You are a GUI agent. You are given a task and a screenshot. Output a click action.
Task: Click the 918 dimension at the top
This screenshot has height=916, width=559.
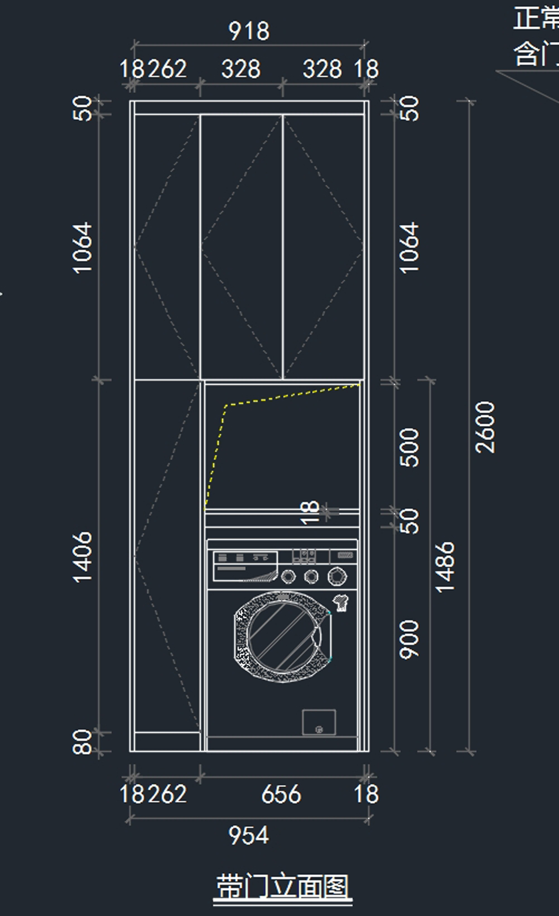(x=249, y=31)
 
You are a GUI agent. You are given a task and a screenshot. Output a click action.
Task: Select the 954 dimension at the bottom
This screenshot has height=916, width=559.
(x=249, y=835)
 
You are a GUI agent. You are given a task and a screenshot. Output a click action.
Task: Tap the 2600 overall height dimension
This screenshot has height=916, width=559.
(x=485, y=427)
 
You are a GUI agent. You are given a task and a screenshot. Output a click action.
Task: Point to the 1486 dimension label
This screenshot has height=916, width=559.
(x=445, y=567)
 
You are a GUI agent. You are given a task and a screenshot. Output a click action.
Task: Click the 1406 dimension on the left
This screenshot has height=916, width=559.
(x=83, y=557)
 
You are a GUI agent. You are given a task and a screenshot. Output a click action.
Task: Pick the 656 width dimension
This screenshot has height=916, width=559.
(x=281, y=794)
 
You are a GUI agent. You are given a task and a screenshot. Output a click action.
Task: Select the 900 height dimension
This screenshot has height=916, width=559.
(x=410, y=639)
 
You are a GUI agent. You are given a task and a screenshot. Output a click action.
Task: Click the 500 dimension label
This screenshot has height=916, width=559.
(x=410, y=447)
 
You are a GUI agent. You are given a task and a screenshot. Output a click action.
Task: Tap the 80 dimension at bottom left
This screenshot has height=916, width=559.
(x=83, y=741)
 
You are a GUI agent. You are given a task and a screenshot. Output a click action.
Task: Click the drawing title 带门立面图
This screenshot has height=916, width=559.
(x=282, y=887)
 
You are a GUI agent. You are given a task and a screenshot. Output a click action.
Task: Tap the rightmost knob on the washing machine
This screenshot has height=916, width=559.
(x=337, y=576)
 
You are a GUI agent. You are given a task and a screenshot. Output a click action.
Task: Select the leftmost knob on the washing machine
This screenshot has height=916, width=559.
(x=288, y=577)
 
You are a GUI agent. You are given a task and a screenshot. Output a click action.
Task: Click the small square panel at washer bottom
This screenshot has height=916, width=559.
(x=319, y=722)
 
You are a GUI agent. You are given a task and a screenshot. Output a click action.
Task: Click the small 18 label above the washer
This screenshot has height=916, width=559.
(x=310, y=512)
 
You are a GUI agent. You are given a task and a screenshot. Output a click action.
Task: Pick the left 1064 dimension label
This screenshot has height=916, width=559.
(x=83, y=247)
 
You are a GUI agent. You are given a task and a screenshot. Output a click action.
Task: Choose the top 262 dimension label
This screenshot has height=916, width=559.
(x=167, y=69)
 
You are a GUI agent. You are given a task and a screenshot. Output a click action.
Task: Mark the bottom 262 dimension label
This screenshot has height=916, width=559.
(x=167, y=794)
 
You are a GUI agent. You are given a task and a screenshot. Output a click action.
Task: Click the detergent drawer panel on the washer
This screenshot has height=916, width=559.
(x=245, y=566)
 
